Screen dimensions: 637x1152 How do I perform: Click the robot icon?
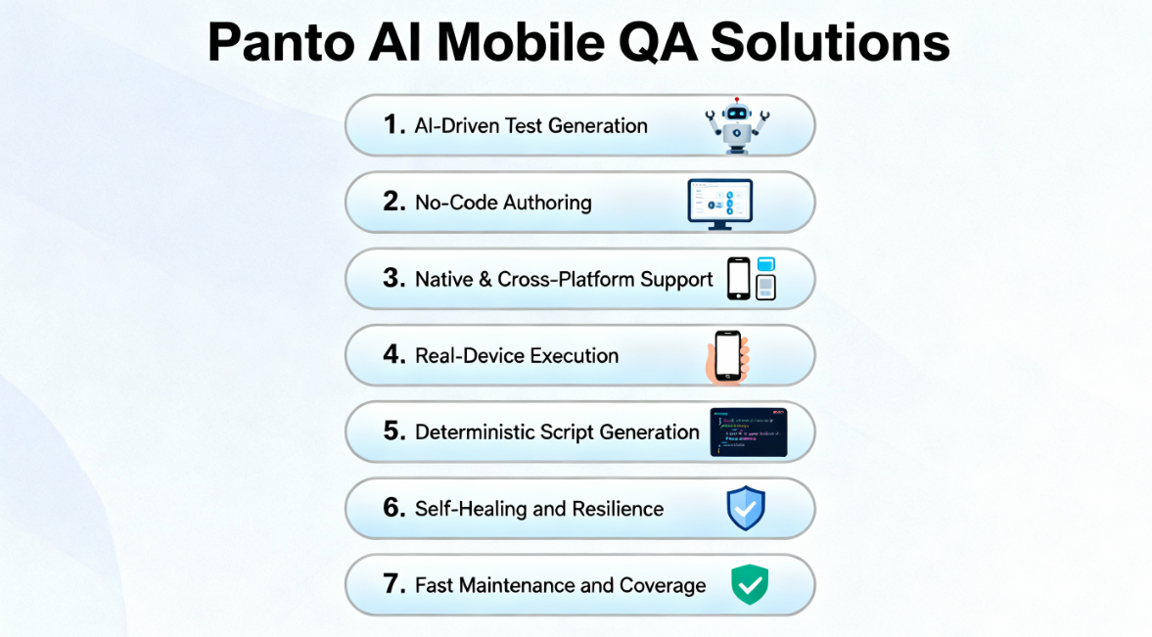tap(737, 125)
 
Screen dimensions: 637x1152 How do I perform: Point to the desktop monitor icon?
tap(719, 204)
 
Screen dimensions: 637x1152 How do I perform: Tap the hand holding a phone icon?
tap(726, 356)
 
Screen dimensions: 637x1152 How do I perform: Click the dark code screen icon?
tap(749, 432)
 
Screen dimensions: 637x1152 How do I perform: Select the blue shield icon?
tap(746, 509)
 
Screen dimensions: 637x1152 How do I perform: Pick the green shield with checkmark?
tap(750, 585)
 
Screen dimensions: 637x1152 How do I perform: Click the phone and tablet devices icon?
tap(752, 279)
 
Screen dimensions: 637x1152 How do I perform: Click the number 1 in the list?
tap(393, 125)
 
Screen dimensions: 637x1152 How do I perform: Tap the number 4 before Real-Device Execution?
tap(394, 355)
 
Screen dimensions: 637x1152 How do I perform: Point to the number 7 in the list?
tap(394, 585)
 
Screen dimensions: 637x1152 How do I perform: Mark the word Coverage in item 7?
tap(663, 585)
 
